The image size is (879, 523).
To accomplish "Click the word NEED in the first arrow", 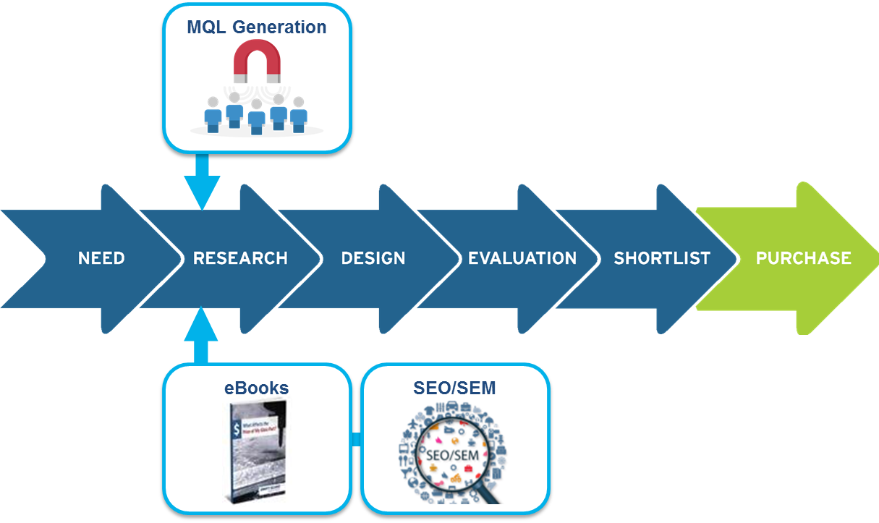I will pyautogui.click(x=101, y=258).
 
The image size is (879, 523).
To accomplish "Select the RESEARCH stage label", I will pyautogui.click(x=240, y=258).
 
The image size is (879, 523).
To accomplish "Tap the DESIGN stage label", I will pyautogui.click(x=373, y=258).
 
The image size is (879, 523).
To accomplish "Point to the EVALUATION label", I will pyautogui.click(x=522, y=258).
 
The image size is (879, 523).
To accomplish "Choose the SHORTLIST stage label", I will pyautogui.click(x=662, y=258).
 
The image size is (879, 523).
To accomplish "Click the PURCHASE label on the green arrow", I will pyautogui.click(x=803, y=258).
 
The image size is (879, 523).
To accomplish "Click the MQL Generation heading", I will pyautogui.click(x=257, y=27).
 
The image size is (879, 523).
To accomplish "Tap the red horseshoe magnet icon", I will pyautogui.click(x=256, y=61).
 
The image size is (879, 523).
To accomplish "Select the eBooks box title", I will pyautogui.click(x=256, y=388).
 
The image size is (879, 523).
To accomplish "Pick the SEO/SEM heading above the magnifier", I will pyautogui.click(x=454, y=388).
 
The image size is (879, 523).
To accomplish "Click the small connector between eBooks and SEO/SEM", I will pyautogui.click(x=356, y=438).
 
